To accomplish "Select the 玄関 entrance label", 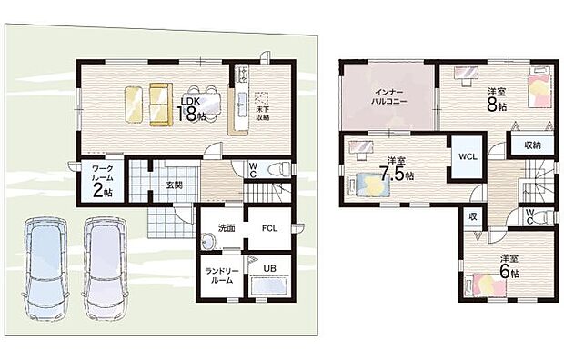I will [174, 184].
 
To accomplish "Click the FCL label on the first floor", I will [271, 228].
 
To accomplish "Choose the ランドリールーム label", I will [221, 274].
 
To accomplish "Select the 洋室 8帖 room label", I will [497, 98].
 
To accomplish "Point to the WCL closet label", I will [468, 156].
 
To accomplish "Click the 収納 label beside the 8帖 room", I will [531, 145].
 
